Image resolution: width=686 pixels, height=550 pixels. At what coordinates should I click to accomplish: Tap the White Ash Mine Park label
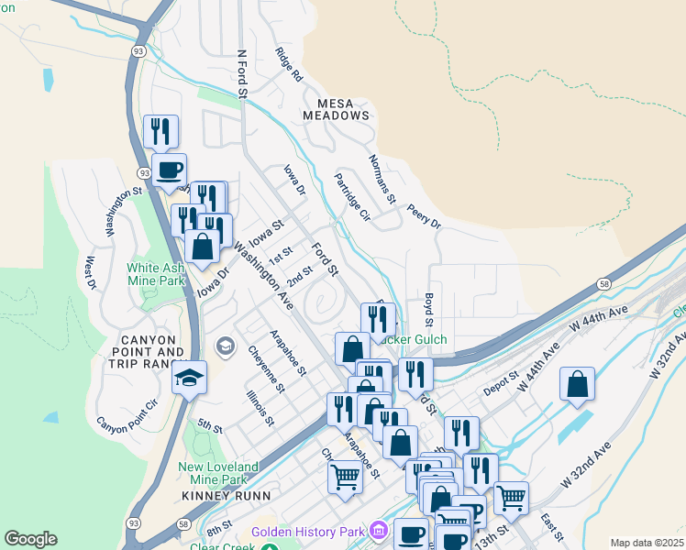coord(157,276)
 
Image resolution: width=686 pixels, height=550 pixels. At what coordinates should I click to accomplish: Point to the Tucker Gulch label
coord(412,340)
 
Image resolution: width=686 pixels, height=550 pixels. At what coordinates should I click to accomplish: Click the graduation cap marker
coord(189,379)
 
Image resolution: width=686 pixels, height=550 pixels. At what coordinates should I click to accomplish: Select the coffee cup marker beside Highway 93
coord(168,170)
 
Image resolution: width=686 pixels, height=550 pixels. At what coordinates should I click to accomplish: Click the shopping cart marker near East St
coord(511,499)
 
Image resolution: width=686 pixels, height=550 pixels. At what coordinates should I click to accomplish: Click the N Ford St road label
coord(243,73)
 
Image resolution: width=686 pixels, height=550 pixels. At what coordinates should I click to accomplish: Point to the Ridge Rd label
coord(288,65)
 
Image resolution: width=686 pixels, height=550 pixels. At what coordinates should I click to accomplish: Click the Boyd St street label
coord(427,309)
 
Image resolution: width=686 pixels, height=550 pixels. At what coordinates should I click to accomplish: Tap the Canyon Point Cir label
coord(127,415)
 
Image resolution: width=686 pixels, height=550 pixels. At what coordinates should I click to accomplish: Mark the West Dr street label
coord(91,273)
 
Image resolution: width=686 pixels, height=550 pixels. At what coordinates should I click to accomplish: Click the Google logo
coord(30,539)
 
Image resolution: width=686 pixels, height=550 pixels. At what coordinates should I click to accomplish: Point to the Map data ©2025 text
coord(647,543)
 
